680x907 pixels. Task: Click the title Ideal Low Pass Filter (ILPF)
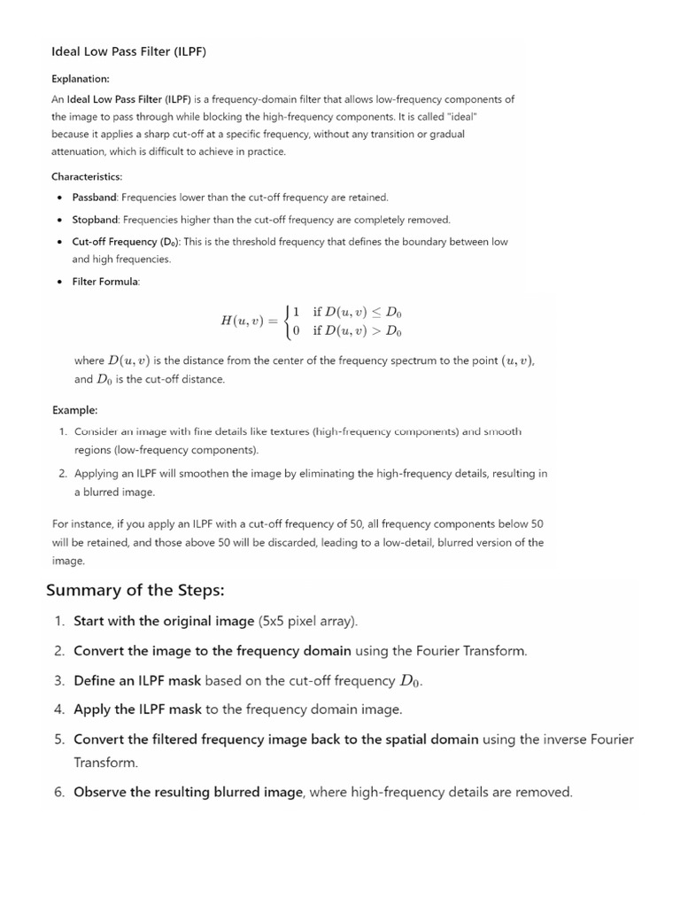(x=128, y=51)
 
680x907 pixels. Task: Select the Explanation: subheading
(x=81, y=79)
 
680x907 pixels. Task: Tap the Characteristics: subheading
(x=87, y=176)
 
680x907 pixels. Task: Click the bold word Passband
(x=95, y=198)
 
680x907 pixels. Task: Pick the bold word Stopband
(x=96, y=220)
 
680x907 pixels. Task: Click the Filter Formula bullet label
(x=105, y=282)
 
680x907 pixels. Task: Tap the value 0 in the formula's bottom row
(x=296, y=331)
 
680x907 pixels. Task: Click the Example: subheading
(x=74, y=410)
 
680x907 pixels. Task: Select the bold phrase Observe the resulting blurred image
(x=188, y=792)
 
